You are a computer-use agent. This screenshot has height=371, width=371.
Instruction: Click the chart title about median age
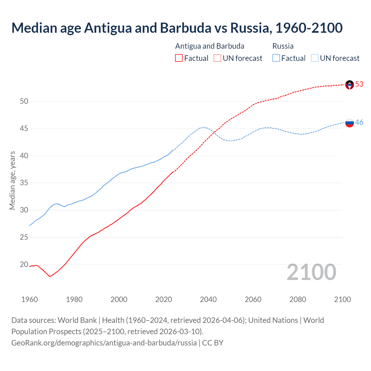tap(177, 28)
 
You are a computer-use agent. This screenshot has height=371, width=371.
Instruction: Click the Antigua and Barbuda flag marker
tap(350, 85)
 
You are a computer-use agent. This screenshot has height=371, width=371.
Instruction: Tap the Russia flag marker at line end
tap(350, 123)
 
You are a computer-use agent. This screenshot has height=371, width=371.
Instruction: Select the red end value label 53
tap(359, 84)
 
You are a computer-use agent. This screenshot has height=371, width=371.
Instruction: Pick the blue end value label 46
tap(359, 122)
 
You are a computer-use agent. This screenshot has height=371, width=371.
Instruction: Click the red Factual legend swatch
tap(179, 58)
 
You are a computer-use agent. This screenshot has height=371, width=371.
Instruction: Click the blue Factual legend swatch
tap(276, 58)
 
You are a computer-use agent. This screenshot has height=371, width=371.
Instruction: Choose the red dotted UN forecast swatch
tap(217, 58)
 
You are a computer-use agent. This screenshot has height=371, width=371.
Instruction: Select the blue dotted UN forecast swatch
tap(314, 58)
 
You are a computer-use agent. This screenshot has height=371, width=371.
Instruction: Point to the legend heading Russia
tap(283, 46)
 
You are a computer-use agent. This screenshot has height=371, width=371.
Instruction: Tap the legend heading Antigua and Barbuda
tap(210, 46)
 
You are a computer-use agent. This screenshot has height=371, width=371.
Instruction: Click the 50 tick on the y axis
tap(24, 101)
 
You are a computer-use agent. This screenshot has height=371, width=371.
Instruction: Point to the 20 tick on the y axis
tap(24, 264)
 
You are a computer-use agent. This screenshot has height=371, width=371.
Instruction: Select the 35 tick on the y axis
tap(24, 183)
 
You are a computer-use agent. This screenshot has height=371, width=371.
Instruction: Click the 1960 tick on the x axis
tap(30, 299)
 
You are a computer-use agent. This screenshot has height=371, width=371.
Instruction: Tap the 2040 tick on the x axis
tap(208, 299)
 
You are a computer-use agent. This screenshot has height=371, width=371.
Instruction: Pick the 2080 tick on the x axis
tap(298, 299)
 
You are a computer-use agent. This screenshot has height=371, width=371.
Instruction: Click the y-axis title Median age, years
tap(12, 180)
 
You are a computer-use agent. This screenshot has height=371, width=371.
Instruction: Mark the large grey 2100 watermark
tap(311, 272)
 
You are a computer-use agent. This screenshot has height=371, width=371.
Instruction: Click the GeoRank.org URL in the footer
tap(104, 343)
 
